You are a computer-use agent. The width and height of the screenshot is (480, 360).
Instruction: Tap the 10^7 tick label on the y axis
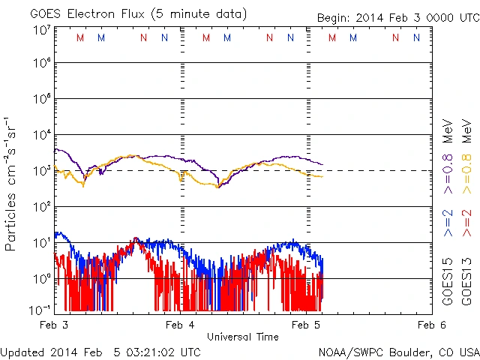point(41,31)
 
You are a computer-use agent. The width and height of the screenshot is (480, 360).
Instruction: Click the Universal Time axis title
point(243,337)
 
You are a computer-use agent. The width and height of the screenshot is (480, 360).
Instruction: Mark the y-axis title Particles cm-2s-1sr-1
point(13,184)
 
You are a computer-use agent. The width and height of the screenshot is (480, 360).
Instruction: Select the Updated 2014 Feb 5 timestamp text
point(100,352)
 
